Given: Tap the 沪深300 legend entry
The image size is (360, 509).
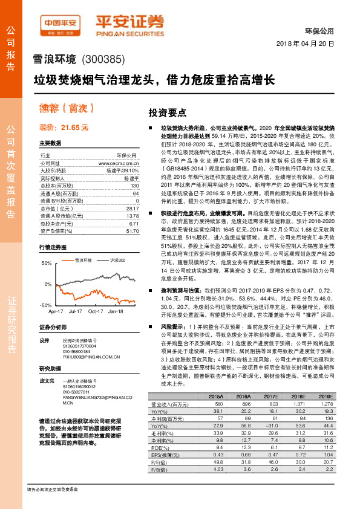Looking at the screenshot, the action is tap(118, 260).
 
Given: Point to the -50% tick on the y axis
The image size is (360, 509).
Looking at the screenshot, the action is tap(46, 306).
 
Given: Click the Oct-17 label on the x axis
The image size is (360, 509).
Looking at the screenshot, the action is tap(96, 311).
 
